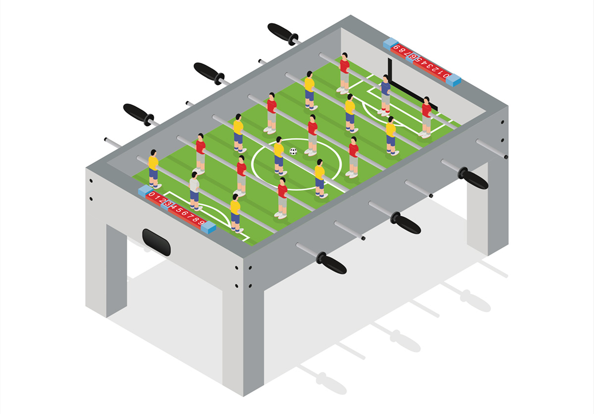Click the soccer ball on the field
(293, 151)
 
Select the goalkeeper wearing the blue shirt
(385, 95)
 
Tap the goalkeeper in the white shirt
(195, 191)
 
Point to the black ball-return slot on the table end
(156, 242)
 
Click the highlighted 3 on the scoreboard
(168, 204)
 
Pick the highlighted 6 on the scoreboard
(413, 57)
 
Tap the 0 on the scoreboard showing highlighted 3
(151, 194)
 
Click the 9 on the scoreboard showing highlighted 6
(396, 47)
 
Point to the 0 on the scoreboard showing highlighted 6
(446, 75)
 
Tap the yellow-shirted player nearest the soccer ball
(279, 156)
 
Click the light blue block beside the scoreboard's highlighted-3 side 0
(145, 190)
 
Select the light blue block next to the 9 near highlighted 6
(391, 44)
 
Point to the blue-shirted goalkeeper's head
(386, 78)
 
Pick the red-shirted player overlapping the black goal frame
(426, 117)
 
